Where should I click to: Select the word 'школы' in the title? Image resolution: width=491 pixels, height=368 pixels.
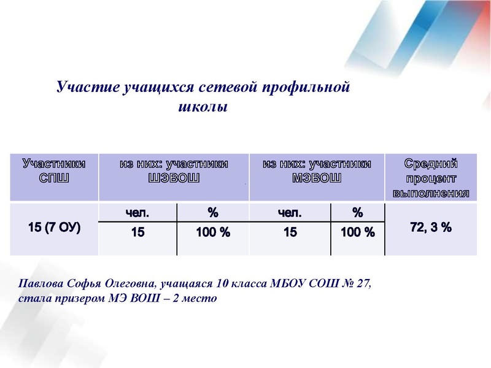tap(202, 107)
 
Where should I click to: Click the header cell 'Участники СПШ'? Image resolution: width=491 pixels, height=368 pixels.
tap(54, 171)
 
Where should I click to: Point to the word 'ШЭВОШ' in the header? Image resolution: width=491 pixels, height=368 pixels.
tap(174, 178)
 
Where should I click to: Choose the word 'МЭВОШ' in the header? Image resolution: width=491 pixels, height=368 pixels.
tap(317, 178)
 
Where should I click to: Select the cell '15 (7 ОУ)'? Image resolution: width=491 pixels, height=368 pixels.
tap(54, 228)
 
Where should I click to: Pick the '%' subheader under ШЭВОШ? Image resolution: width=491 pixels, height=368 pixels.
tap(213, 213)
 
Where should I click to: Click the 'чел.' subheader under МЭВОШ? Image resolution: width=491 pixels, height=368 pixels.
tap(290, 213)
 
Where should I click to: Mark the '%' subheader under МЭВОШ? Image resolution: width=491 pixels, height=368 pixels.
tap(357, 213)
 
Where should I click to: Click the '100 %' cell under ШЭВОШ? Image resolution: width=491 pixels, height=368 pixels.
tap(213, 232)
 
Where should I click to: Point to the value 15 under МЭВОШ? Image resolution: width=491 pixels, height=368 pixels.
tap(290, 232)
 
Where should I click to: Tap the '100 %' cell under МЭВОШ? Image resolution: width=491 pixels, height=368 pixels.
tap(357, 232)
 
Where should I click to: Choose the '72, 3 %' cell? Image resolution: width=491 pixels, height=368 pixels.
tap(431, 228)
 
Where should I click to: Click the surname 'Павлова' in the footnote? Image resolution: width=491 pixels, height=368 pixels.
tap(41, 285)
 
